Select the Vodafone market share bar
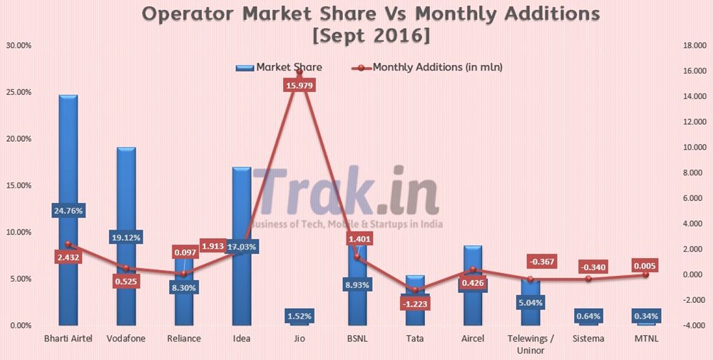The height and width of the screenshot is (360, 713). (x=126, y=185)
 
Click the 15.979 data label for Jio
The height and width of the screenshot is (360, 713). (x=299, y=85)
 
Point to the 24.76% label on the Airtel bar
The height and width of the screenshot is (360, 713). (x=68, y=210)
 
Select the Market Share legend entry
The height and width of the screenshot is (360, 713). (x=279, y=68)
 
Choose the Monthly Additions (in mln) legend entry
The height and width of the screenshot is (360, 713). (x=428, y=68)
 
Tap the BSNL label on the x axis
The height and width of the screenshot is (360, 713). (x=356, y=338)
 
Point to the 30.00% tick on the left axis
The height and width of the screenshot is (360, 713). (x=19, y=46)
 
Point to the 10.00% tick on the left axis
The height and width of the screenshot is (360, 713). (x=19, y=232)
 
